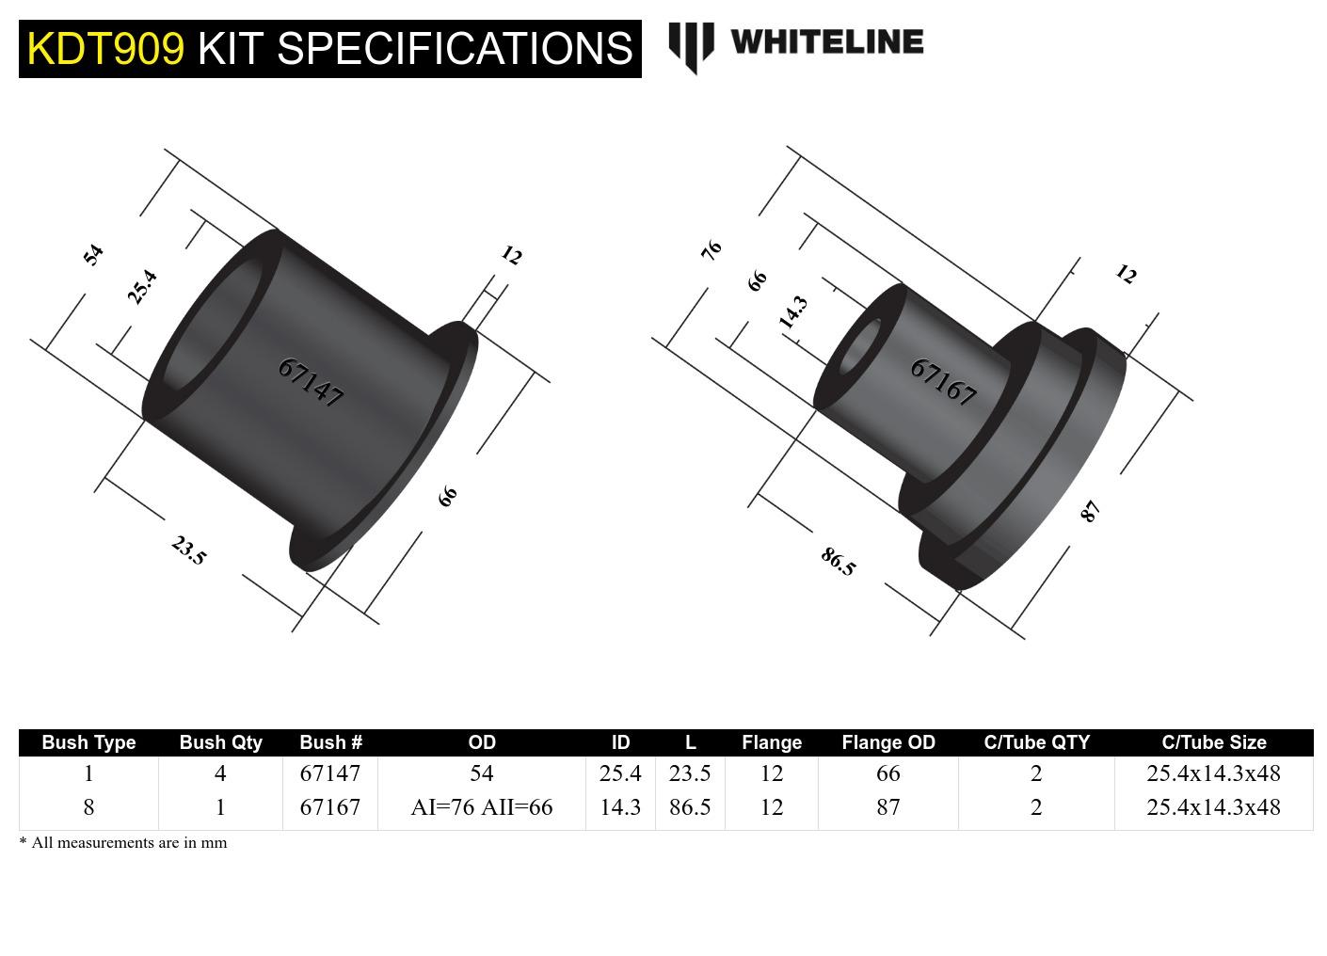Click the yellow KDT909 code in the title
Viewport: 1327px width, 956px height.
tap(105, 49)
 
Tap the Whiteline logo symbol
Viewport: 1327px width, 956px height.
tap(691, 46)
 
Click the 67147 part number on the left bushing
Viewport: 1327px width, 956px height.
tap(311, 382)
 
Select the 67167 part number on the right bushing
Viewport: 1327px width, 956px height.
tap(943, 381)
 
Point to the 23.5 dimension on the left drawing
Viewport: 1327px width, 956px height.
tap(188, 550)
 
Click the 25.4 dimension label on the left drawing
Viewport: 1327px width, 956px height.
tap(142, 287)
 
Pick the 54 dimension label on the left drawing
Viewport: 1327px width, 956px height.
tap(92, 254)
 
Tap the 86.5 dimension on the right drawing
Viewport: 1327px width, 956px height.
tap(838, 562)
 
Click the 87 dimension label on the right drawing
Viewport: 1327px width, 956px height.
tap(1090, 511)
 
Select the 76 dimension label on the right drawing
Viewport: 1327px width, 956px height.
tap(711, 249)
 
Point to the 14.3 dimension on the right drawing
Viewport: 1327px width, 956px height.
tap(792, 312)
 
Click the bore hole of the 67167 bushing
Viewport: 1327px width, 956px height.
tap(859, 346)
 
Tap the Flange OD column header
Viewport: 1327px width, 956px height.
tap(887, 742)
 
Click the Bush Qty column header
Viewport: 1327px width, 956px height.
tap(220, 742)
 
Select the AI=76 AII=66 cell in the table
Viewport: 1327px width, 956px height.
tap(481, 807)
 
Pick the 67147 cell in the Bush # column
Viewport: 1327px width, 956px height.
tap(329, 773)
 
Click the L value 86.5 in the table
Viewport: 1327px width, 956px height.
tap(689, 807)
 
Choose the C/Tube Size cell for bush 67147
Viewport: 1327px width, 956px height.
tap(1212, 773)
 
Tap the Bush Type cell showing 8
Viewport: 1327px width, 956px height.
tap(88, 807)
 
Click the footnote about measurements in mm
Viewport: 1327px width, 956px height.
tap(123, 843)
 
